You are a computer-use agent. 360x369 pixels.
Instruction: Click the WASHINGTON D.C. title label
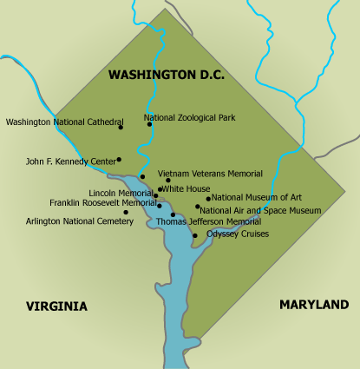pos(166,76)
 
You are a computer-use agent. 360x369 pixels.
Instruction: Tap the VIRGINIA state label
pos(56,306)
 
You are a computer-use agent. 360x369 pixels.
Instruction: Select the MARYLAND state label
pos(314,305)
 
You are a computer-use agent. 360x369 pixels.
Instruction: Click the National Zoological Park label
pos(189,117)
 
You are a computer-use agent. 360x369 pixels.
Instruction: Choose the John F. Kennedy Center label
pos(70,161)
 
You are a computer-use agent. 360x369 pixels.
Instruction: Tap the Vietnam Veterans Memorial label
pos(210,174)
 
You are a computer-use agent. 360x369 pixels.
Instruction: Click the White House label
pos(187,188)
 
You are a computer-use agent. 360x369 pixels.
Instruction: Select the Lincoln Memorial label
pos(121,193)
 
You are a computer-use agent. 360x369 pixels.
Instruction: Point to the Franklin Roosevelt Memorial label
pos(102,202)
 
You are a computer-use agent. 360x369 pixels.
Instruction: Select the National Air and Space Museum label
pos(260,210)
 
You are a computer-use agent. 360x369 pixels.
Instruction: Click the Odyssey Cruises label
pos(238,234)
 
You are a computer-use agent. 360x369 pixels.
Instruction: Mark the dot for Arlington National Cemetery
pos(126,212)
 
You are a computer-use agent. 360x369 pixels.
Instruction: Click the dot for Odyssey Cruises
pos(195,235)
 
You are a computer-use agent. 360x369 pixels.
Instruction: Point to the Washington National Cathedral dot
pos(121,128)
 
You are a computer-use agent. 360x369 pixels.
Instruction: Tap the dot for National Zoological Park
pos(149,124)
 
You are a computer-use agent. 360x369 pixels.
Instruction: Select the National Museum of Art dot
pos(208,198)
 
